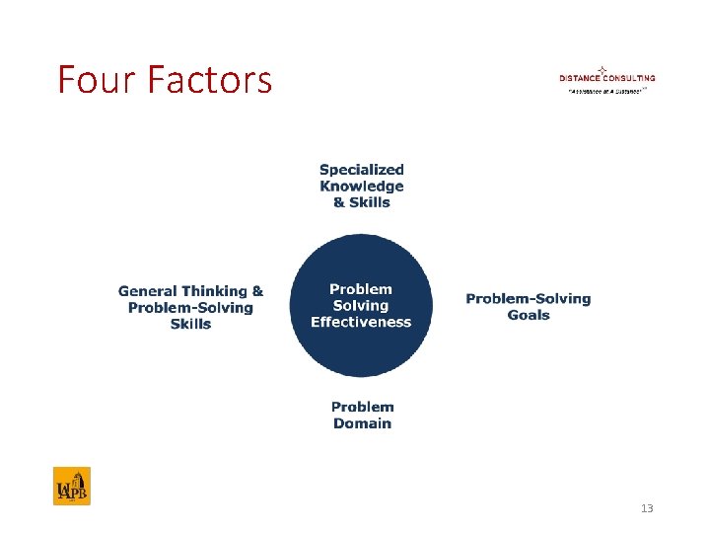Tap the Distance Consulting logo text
tap(606, 78)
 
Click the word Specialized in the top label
tap(362, 170)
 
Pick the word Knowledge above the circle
tap(362, 186)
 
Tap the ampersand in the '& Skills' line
tap(339, 202)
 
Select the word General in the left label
tap(147, 291)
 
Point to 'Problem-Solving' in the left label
tap(190, 307)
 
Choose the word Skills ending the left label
tap(190, 324)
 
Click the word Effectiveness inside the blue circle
tap(361, 322)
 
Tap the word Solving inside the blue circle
tap(361, 306)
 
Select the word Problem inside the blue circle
tap(361, 289)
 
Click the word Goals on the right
tap(529, 316)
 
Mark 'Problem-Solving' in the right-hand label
tap(529, 299)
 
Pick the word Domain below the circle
tap(362, 423)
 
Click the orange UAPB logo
tap(72, 486)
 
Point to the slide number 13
tap(647, 508)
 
